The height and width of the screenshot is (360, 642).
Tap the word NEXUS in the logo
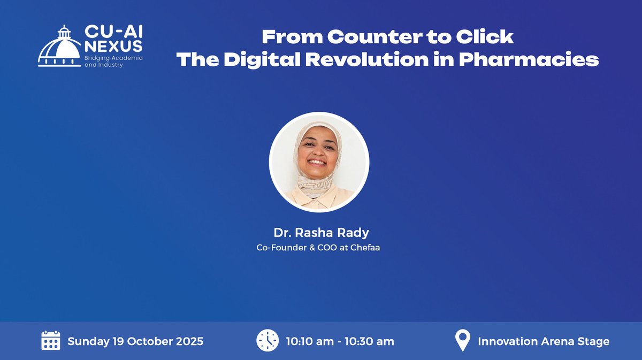coord(113,45)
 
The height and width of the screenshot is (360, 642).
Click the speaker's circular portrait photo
coord(319,162)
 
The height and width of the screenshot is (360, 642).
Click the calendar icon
coord(51,340)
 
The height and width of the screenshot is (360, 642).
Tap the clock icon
coord(267,340)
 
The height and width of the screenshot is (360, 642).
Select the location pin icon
coord(462,340)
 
